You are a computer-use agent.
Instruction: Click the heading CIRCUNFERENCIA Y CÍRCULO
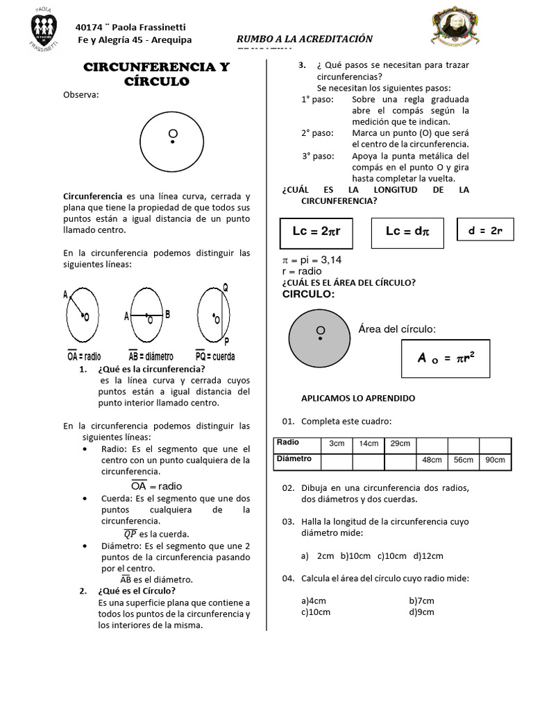click(x=156, y=74)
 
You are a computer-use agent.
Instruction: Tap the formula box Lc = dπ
click(x=407, y=232)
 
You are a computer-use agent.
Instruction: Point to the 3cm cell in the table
click(x=337, y=443)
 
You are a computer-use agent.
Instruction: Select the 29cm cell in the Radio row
click(x=400, y=443)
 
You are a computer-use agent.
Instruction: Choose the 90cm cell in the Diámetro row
click(x=495, y=460)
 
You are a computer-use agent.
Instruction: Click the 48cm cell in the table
click(x=432, y=460)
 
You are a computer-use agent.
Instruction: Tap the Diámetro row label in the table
click(x=294, y=459)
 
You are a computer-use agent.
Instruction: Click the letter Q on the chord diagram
click(x=226, y=287)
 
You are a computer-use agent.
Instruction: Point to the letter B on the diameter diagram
click(x=167, y=314)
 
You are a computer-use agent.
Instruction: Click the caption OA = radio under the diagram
click(x=84, y=356)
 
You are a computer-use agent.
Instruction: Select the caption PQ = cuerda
click(x=215, y=356)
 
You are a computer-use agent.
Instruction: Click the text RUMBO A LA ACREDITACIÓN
click(x=305, y=40)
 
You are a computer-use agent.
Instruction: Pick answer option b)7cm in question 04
click(x=421, y=600)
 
